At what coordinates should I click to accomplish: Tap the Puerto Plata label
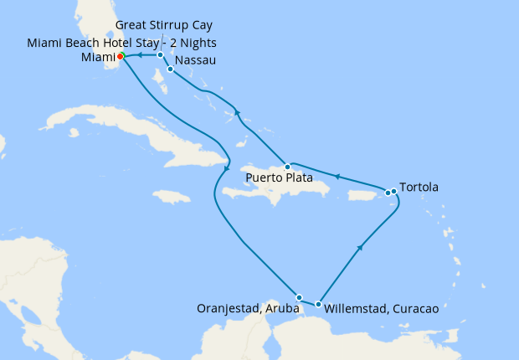tap(280, 178)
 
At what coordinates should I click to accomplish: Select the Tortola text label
tap(419, 186)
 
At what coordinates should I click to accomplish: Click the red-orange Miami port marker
tap(121, 56)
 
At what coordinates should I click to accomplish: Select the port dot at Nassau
tap(170, 69)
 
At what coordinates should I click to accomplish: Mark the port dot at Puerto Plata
tap(287, 166)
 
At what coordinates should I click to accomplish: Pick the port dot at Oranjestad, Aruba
tap(299, 297)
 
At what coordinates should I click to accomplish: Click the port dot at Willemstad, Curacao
tap(318, 304)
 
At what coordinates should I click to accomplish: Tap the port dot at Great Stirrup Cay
tap(160, 55)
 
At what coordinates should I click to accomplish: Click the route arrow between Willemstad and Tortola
tap(360, 247)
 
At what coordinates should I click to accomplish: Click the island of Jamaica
tap(173, 197)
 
